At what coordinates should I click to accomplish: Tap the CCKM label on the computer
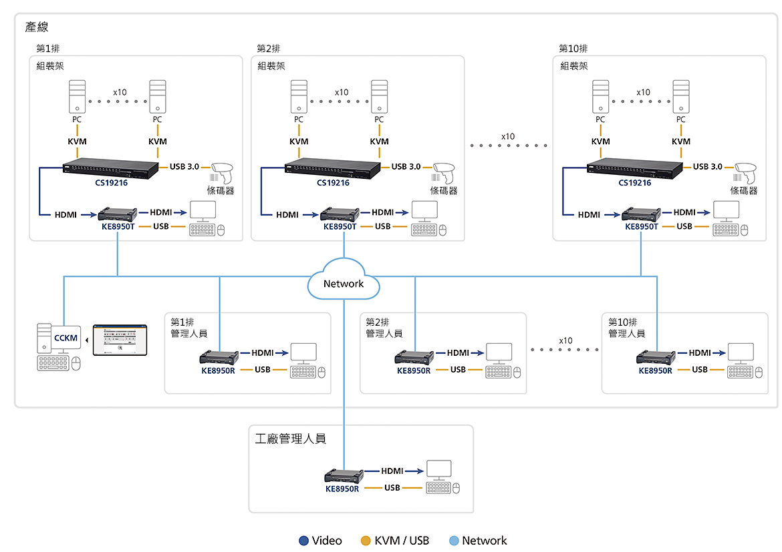click(66, 338)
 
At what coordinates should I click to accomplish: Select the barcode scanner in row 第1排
click(222, 172)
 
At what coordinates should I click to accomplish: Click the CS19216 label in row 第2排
click(333, 182)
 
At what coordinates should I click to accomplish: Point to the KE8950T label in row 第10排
click(642, 226)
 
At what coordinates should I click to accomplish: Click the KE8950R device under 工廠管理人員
click(344, 476)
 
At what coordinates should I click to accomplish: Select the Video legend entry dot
click(304, 541)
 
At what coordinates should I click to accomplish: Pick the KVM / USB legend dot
click(366, 541)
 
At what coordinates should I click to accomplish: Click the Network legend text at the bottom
click(484, 541)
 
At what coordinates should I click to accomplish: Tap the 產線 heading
click(37, 27)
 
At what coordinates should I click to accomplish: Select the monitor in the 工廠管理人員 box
click(438, 470)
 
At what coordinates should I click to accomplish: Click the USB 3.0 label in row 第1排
click(184, 166)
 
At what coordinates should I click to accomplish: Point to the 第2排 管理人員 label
click(384, 328)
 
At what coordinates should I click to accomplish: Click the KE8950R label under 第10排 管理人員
click(655, 370)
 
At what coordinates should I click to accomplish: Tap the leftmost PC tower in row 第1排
click(77, 96)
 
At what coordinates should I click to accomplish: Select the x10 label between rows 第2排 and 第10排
click(508, 136)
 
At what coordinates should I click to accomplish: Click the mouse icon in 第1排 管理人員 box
click(321, 372)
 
